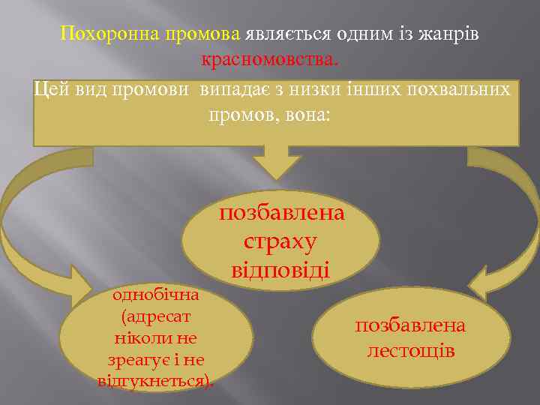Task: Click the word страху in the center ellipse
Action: point(280,241)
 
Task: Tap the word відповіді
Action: point(280,268)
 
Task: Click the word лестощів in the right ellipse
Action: point(410,350)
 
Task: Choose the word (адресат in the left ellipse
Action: point(155,316)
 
